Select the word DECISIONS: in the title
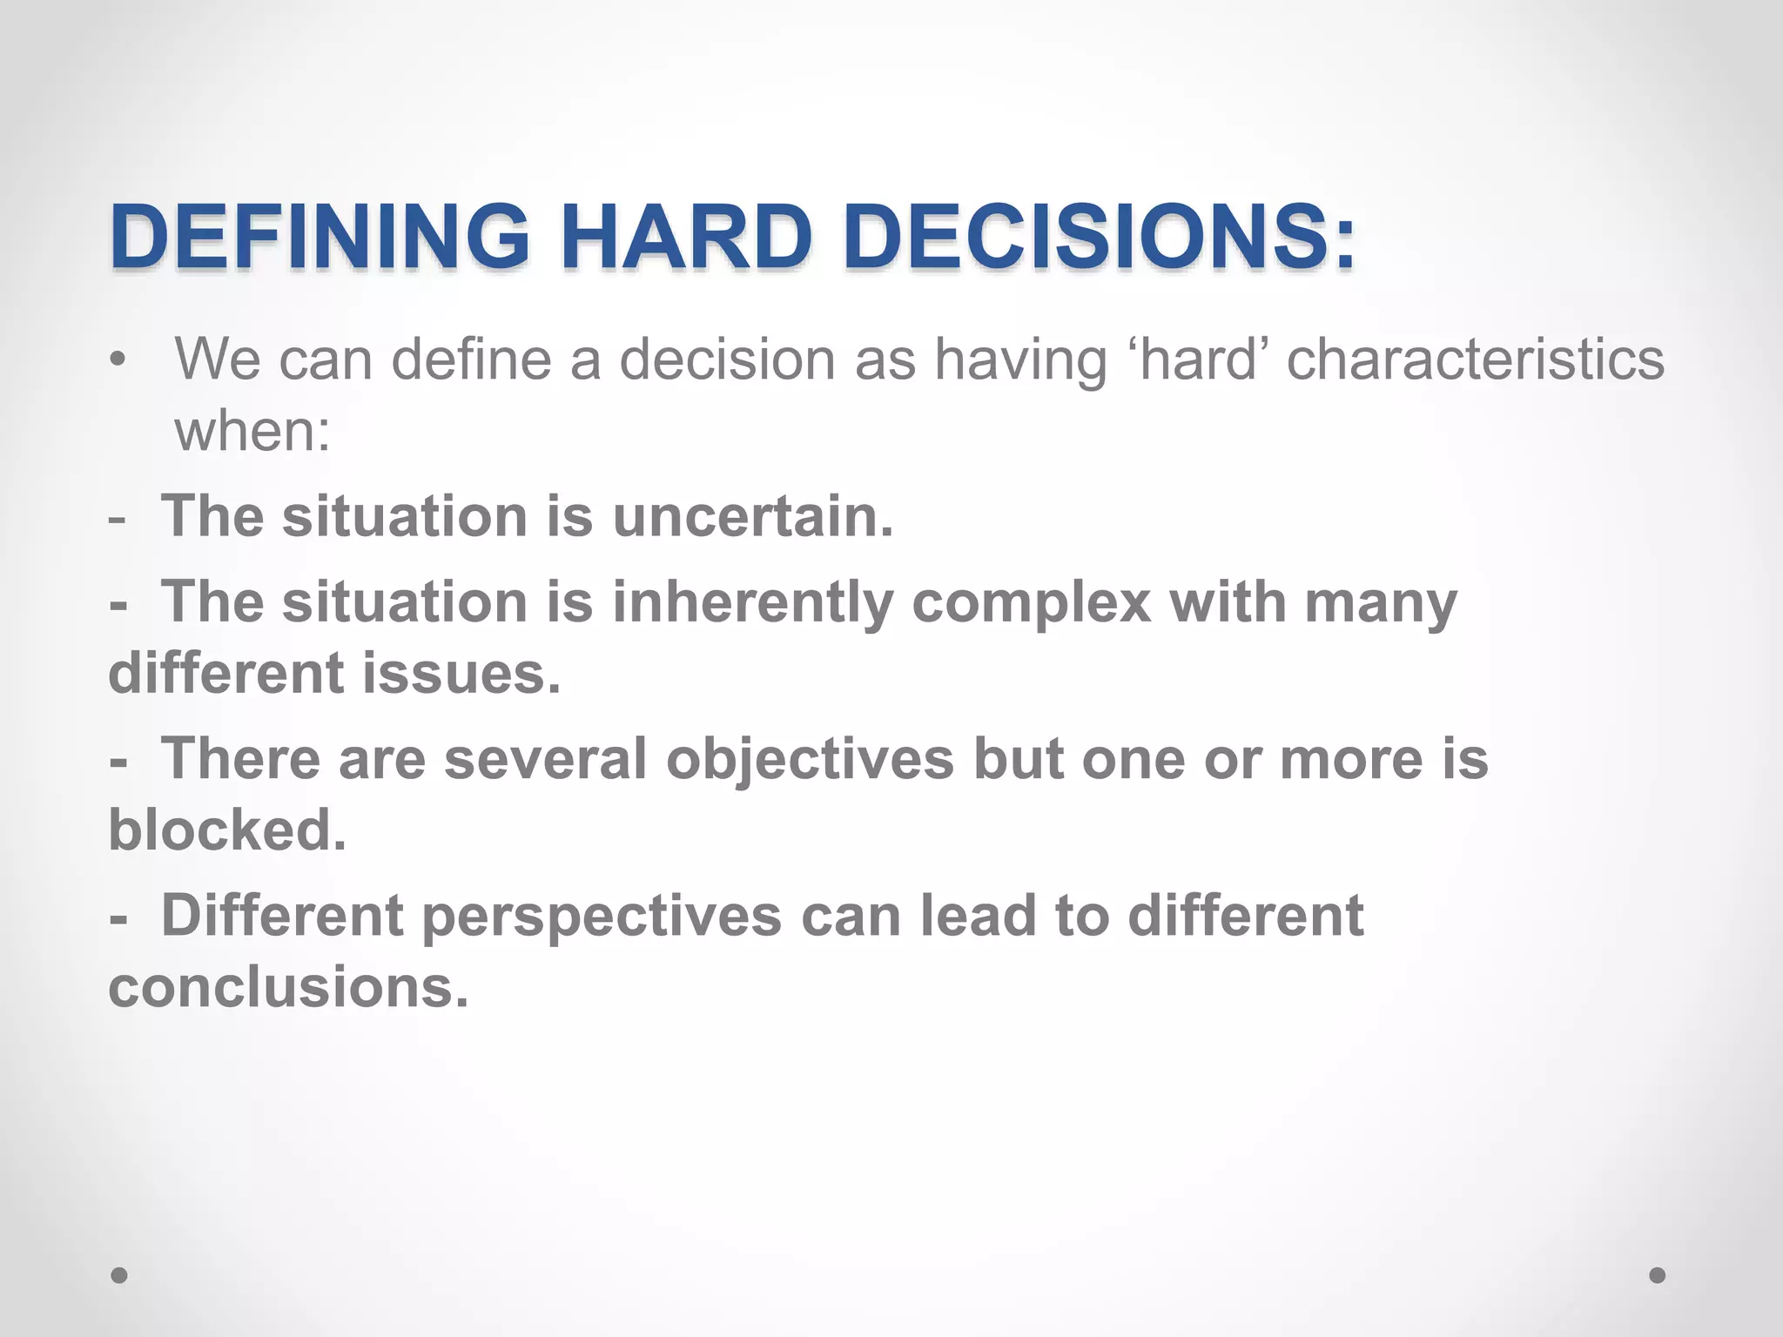pos(1099,237)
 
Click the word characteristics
pos(1475,359)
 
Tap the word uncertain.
pos(753,516)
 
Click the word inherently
pos(753,601)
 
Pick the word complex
pos(1031,603)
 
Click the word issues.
pos(461,673)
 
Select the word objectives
pos(810,759)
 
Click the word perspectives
pos(602,917)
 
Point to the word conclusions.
pos(288,987)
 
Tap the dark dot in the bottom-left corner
pos(120,1275)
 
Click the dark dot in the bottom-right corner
pos(1658,1275)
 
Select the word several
pos(545,759)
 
